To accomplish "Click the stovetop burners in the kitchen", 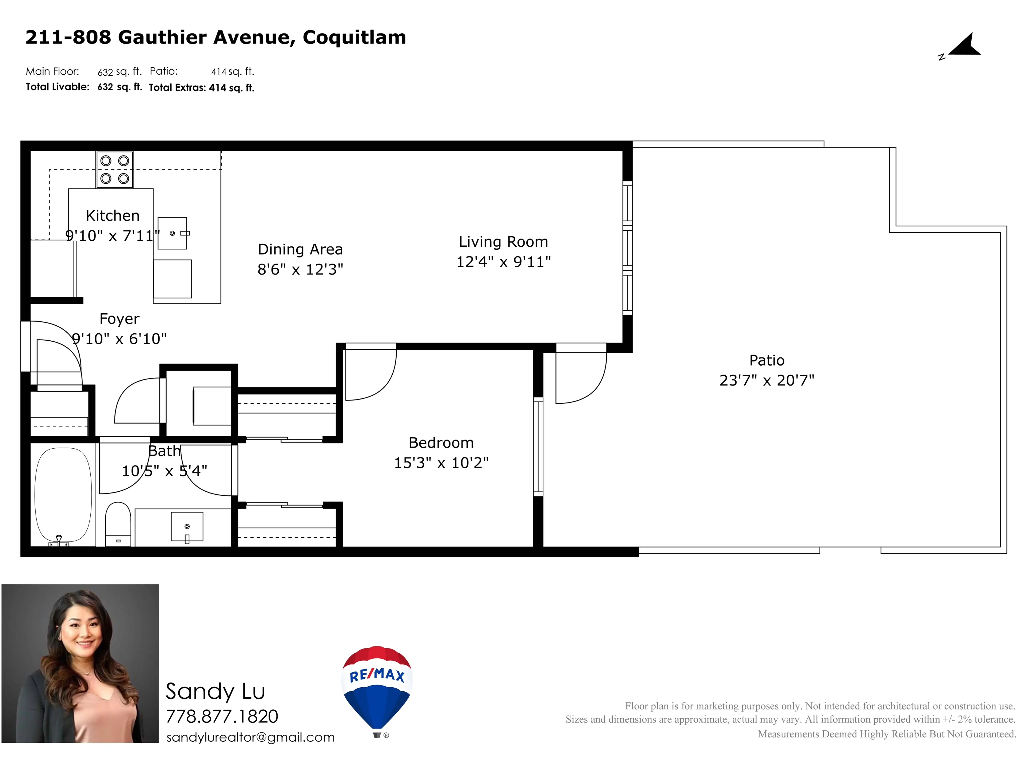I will click(x=115, y=170).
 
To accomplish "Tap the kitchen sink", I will click(x=172, y=233).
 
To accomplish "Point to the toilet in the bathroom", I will click(x=118, y=523).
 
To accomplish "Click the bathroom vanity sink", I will click(x=187, y=526).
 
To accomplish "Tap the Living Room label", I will click(x=503, y=242).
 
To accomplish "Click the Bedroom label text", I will click(x=441, y=443).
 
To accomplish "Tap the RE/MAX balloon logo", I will click(x=377, y=687).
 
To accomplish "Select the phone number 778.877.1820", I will click(x=222, y=717).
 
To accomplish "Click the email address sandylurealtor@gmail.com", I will click(x=250, y=737).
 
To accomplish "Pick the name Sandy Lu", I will click(x=215, y=692).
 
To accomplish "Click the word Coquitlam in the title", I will click(x=354, y=37).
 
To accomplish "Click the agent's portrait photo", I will click(x=80, y=663).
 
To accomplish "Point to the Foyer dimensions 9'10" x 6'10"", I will click(x=119, y=339).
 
